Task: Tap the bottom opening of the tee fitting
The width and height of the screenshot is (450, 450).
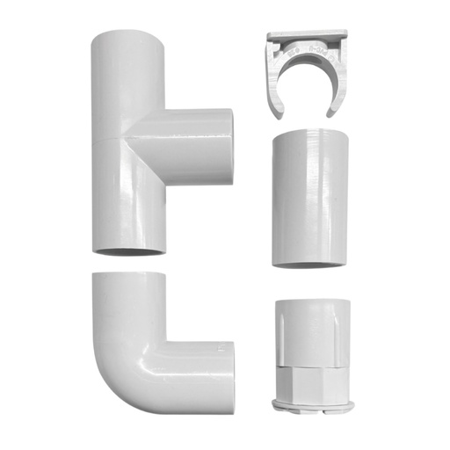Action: [128, 252]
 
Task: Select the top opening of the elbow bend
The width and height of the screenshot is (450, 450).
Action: [128, 276]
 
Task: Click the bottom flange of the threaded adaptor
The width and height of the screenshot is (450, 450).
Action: [314, 405]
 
